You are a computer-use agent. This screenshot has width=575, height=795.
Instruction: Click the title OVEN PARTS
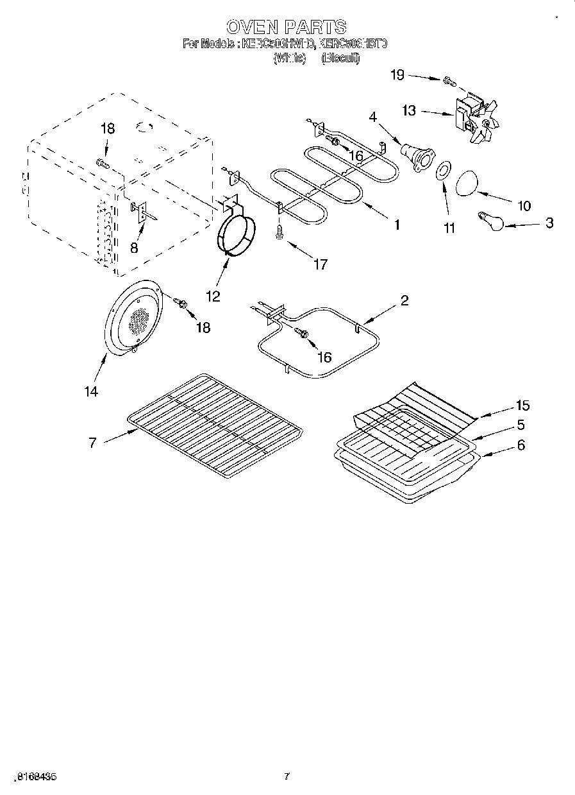[287, 26]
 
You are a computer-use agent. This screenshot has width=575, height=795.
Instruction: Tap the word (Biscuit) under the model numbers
[340, 58]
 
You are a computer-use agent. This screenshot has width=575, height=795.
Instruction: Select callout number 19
[397, 75]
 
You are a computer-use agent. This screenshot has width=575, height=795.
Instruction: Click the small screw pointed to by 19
[448, 81]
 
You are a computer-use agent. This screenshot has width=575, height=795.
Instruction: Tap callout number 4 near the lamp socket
[373, 117]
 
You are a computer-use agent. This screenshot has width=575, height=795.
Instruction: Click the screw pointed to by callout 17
[279, 232]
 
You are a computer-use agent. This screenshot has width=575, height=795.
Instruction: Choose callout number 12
[213, 296]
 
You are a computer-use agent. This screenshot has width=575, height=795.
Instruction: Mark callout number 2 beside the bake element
[404, 300]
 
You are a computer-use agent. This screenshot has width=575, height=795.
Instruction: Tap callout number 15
[522, 405]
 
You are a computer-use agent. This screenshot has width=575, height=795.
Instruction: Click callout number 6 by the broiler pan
[521, 444]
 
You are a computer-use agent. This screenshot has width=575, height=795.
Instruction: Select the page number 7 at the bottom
[287, 776]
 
